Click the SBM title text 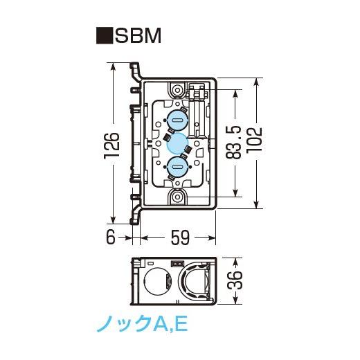(138, 36)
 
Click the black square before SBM (105, 36)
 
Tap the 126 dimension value (112, 146)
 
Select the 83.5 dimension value (233, 143)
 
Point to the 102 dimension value (254, 139)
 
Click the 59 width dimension (180, 237)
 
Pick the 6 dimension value (111, 237)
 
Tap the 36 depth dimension (235, 280)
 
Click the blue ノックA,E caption (142, 323)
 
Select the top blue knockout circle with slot (177, 120)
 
